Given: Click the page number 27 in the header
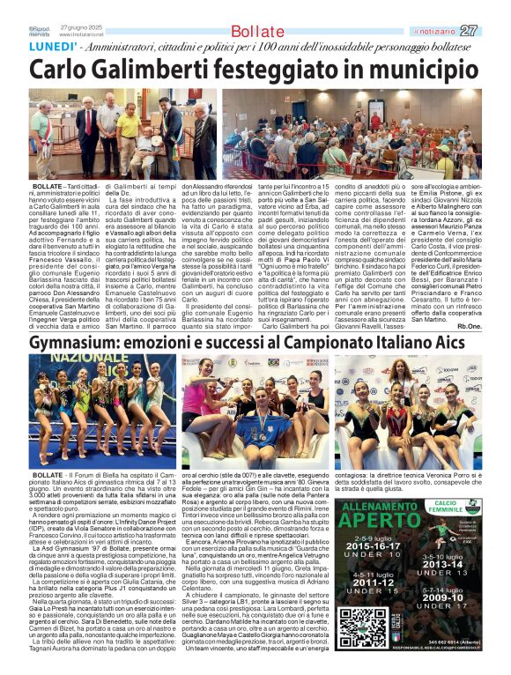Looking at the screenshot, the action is [493, 30].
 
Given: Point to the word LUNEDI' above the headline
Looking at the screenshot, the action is [51, 47].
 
